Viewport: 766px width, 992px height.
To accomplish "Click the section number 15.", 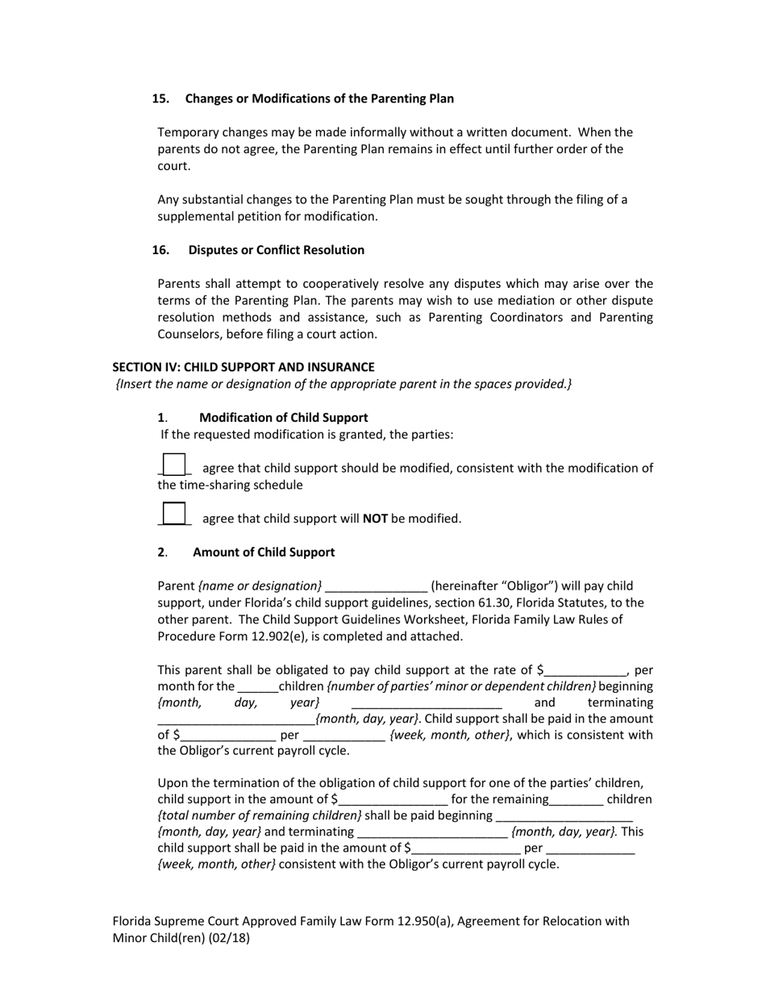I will point(160,98).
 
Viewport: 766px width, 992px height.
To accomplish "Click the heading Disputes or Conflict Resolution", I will point(276,250).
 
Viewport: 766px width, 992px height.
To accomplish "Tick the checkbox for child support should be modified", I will point(173,465).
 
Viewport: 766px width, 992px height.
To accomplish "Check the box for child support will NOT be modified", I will point(173,514).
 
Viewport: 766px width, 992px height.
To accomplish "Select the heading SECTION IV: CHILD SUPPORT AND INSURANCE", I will point(243,367).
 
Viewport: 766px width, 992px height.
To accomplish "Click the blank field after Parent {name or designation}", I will point(376,586).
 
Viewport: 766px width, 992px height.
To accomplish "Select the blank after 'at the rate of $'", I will point(585,670).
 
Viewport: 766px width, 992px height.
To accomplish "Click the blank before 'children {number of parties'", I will point(257,687).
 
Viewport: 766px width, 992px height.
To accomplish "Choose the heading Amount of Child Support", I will point(263,552).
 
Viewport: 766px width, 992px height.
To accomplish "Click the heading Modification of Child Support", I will point(283,418).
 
